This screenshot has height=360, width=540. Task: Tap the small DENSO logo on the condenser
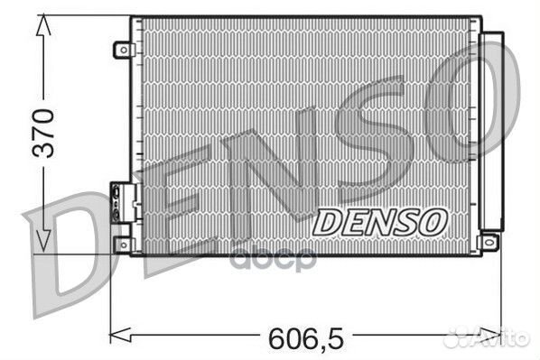tap(379, 220)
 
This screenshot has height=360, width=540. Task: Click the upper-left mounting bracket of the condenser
tap(122, 50)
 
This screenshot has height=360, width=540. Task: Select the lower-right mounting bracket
tap(489, 241)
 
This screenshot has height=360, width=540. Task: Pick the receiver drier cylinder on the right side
tap(492, 131)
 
